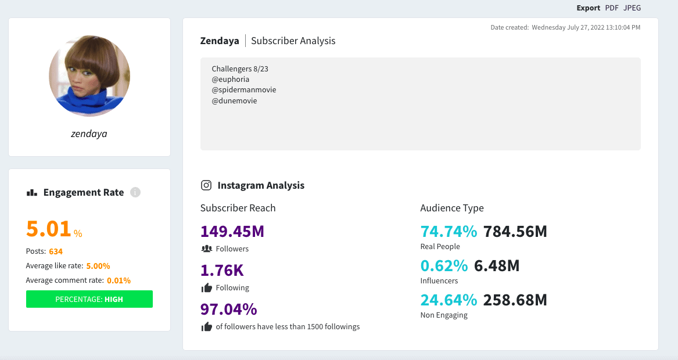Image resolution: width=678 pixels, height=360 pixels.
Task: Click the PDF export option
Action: coord(612,8)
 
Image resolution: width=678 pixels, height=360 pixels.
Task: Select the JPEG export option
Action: coord(632,8)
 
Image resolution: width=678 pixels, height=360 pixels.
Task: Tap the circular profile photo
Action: coord(89,76)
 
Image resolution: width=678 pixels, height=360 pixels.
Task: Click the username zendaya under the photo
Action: coord(89,134)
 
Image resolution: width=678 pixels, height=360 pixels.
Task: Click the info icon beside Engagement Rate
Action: coord(135,192)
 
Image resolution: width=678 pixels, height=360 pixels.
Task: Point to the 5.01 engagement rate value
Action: coord(49,229)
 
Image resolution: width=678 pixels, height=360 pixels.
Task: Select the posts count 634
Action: coord(56,251)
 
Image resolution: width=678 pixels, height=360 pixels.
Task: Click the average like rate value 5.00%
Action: coord(98,266)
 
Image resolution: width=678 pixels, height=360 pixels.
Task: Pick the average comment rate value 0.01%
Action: coord(119,280)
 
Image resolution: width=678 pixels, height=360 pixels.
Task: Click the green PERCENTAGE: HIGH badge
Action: coord(89,299)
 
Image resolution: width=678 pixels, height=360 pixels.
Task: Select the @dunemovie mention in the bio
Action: coord(234,100)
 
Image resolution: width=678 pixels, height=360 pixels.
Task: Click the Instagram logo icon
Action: coord(206,185)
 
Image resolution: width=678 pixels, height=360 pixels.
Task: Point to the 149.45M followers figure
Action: coord(232,232)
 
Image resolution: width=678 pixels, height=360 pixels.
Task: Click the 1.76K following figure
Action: coord(222,271)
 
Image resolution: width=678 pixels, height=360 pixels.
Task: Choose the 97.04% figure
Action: coord(229,309)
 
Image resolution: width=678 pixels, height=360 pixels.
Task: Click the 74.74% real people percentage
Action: coord(449,232)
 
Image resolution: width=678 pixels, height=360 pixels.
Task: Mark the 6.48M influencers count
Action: coord(497,266)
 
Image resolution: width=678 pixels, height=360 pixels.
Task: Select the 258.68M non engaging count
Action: coord(515,300)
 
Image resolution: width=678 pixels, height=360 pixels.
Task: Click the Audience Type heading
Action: coord(452,208)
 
